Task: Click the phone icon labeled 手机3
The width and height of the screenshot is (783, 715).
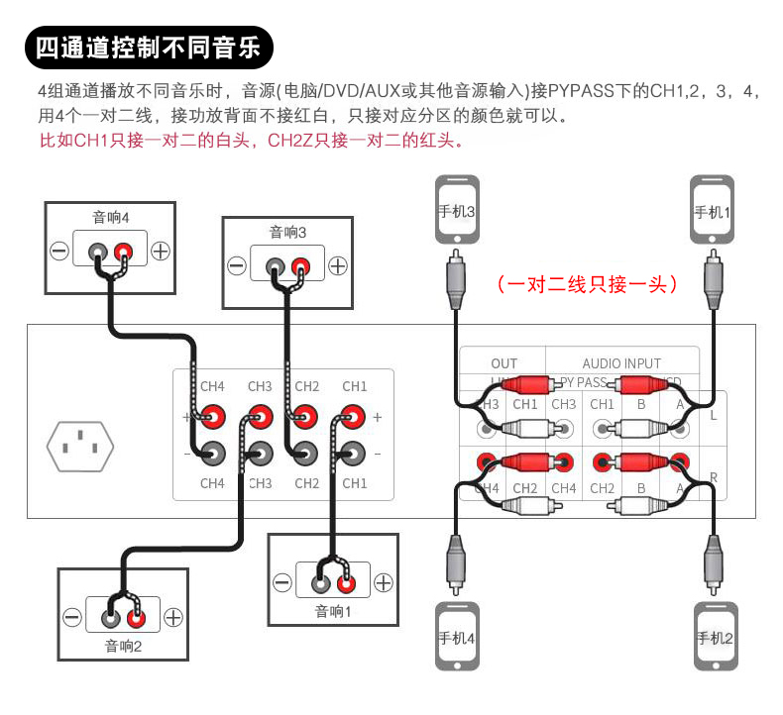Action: [x=456, y=210]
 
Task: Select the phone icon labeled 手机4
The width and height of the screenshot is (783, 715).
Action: [x=456, y=636]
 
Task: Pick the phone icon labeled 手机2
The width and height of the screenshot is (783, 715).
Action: [x=714, y=636]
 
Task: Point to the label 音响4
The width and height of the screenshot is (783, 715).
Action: [x=110, y=217]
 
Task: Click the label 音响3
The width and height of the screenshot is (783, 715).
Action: [x=287, y=232]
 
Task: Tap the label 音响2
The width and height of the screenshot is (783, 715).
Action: [x=124, y=647]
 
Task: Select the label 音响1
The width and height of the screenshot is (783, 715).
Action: [x=333, y=611]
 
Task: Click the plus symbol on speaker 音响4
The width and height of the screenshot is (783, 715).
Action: [x=161, y=251]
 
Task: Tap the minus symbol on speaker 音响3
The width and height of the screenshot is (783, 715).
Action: [x=237, y=265]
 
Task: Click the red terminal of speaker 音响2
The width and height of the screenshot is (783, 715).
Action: [x=137, y=618]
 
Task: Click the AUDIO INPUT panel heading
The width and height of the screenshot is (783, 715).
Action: [x=621, y=363]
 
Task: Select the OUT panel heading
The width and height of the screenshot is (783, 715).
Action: [x=503, y=363]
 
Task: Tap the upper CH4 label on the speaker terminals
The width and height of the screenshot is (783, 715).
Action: [x=212, y=386]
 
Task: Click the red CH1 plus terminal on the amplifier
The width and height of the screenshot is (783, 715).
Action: [x=353, y=418]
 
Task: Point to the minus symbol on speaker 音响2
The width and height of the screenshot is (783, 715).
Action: [x=72, y=618]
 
